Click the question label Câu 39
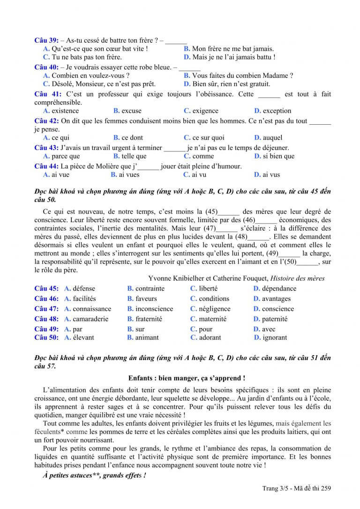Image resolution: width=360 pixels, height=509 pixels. tap(46, 41)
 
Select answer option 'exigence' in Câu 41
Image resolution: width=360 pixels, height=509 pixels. tap(205, 111)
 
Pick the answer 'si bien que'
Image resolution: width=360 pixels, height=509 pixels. tap(278, 156)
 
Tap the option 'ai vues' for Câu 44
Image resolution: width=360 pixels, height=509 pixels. tap(129, 175)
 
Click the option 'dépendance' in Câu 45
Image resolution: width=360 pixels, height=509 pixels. tap(279, 289)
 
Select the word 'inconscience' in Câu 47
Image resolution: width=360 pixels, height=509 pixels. tap(154, 309)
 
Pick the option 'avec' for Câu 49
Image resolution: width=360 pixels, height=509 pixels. tap(269, 329)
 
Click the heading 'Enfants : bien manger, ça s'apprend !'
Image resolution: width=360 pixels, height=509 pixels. tap(186, 378)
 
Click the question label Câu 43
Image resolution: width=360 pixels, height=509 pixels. tap(46, 148)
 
